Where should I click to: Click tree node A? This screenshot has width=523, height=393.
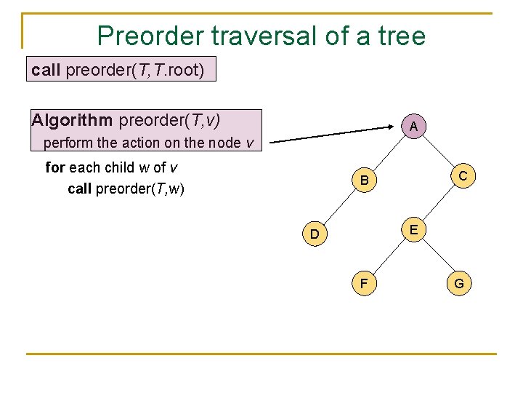coord(413,127)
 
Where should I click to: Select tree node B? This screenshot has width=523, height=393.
coord(364,180)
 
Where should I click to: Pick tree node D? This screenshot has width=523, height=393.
coord(315,234)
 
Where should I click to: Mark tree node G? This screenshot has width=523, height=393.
coord(459,283)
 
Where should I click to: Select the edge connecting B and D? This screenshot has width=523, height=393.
coord(339,207)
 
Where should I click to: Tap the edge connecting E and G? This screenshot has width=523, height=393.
coord(436,257)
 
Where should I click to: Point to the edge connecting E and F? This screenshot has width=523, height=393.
coord(387,257)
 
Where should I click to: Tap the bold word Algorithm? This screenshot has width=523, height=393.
coord(71,120)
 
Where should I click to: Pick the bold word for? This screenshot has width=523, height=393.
coord(55,168)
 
